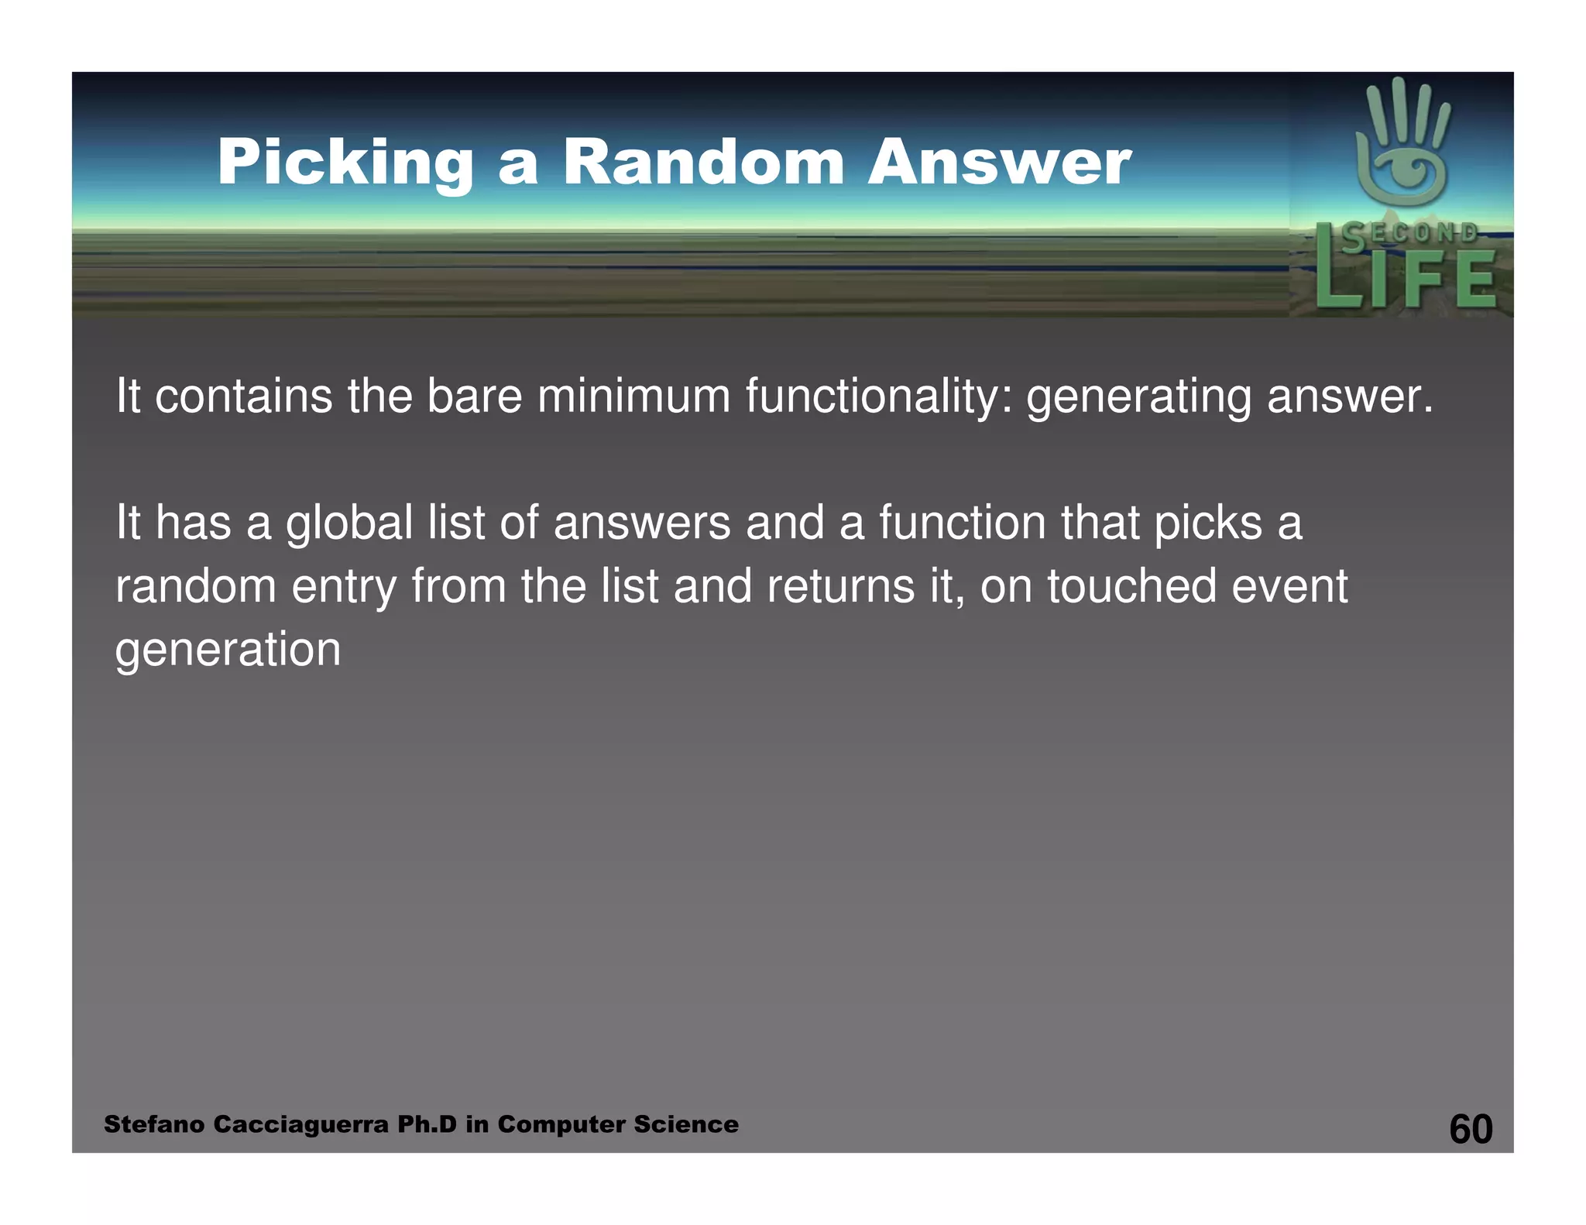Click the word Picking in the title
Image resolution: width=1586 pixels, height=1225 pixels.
[x=345, y=163]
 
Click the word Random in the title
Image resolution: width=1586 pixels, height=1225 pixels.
[x=702, y=163]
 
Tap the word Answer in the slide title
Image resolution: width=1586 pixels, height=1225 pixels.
[x=999, y=163]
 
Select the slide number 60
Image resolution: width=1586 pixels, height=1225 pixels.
[x=1470, y=1129]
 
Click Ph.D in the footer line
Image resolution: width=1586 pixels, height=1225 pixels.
[x=427, y=1124]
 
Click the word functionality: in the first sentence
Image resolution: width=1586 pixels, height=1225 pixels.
[x=878, y=396]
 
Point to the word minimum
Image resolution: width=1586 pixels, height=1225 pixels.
[x=633, y=396]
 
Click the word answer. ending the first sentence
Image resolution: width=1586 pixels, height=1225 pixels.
[x=1350, y=396]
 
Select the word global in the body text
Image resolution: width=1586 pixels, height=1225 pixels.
[x=348, y=523]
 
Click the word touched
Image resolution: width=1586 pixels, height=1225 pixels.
[x=1131, y=586]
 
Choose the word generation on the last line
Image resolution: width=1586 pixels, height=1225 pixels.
[x=228, y=649]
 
